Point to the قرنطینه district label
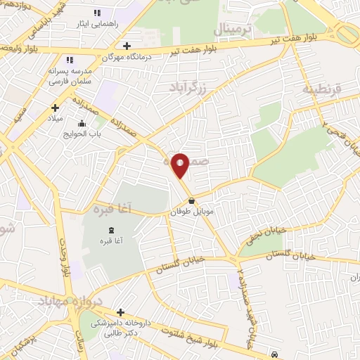321,89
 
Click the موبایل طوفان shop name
192,210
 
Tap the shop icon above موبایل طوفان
191,200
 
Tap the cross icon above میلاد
55,108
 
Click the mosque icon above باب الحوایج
83,124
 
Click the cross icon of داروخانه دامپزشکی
120,312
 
